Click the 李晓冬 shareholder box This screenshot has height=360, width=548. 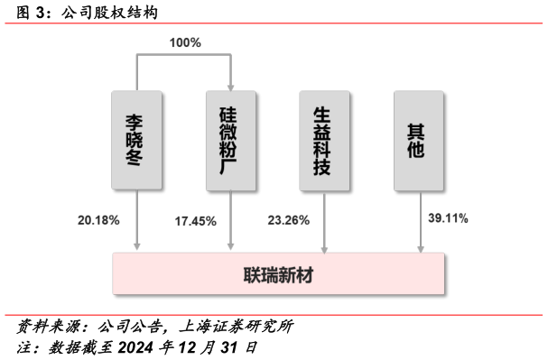(x=137, y=140)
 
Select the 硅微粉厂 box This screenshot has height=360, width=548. (x=230, y=140)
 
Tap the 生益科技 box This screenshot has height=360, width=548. (x=324, y=140)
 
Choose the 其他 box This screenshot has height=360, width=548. (x=418, y=140)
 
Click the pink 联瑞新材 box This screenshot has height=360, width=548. (x=278, y=273)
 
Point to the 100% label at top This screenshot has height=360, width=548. (x=185, y=42)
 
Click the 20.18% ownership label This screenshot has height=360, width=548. (x=98, y=219)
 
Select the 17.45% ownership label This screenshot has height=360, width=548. (x=196, y=220)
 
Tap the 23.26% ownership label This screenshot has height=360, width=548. (x=288, y=220)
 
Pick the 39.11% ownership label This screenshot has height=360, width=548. (x=447, y=218)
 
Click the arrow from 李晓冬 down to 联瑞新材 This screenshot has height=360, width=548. (x=137, y=221)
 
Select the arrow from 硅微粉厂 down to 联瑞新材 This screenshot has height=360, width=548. (x=230, y=221)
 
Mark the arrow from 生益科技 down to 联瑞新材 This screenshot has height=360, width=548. (x=324, y=222)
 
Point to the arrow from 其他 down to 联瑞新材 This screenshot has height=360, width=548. (x=421, y=222)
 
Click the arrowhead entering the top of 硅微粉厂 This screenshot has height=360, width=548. (x=230, y=86)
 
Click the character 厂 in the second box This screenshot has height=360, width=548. (x=230, y=169)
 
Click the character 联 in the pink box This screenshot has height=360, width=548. (x=252, y=274)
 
